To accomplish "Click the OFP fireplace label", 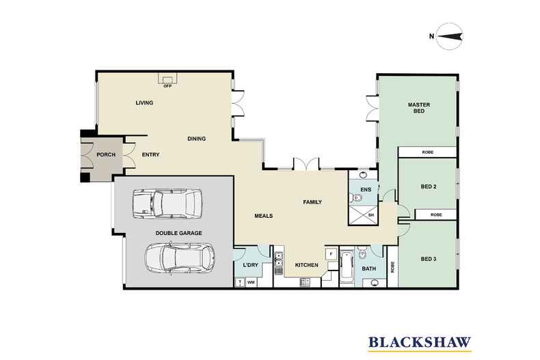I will coord(167,86).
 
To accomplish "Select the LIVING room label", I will coord(144,103).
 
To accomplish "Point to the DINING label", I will coord(197,139).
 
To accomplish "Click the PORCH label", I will coord(105,155).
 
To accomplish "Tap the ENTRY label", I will coord(150,155).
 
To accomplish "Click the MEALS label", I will coord(263,216).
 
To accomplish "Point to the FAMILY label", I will coord(312,202).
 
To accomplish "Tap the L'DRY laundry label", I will coord(250,265).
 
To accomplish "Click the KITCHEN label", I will coord(306,265).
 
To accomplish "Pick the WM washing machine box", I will coord(251,281).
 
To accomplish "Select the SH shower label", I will coord(371,216).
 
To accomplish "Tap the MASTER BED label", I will coord(418,107).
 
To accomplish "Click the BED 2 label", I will coord(429,186).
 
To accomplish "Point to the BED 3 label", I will coord(429,259).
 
